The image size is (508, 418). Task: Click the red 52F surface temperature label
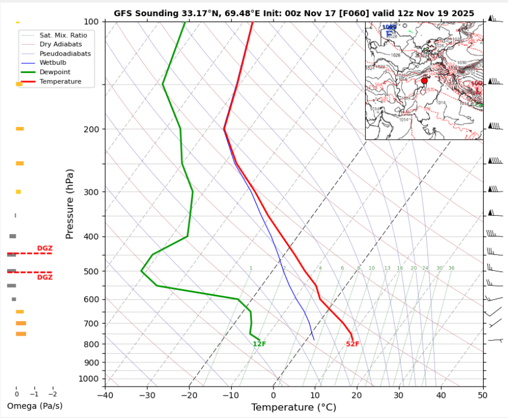click(352, 344)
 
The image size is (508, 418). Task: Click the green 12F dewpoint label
click(259, 344)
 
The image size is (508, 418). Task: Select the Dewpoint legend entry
click(55, 72)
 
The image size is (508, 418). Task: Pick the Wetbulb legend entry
click(53, 63)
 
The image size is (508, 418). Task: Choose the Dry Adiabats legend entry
click(60, 44)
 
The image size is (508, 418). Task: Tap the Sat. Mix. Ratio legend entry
click(63, 35)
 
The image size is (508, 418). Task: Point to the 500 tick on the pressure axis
click(93, 271)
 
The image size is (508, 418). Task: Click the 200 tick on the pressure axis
click(93, 129)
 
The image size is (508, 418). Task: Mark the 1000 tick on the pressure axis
click(91, 379)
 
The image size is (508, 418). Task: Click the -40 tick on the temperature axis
click(105, 395)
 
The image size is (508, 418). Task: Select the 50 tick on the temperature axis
click(482, 395)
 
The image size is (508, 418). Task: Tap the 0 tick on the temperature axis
click(273, 395)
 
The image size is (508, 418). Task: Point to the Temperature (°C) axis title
click(293, 408)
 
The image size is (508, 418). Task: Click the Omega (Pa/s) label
click(34, 406)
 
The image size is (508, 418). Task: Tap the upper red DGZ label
click(45, 248)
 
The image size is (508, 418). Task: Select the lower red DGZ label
click(45, 278)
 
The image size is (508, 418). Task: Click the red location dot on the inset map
click(424, 81)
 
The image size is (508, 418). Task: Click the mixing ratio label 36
click(451, 268)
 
